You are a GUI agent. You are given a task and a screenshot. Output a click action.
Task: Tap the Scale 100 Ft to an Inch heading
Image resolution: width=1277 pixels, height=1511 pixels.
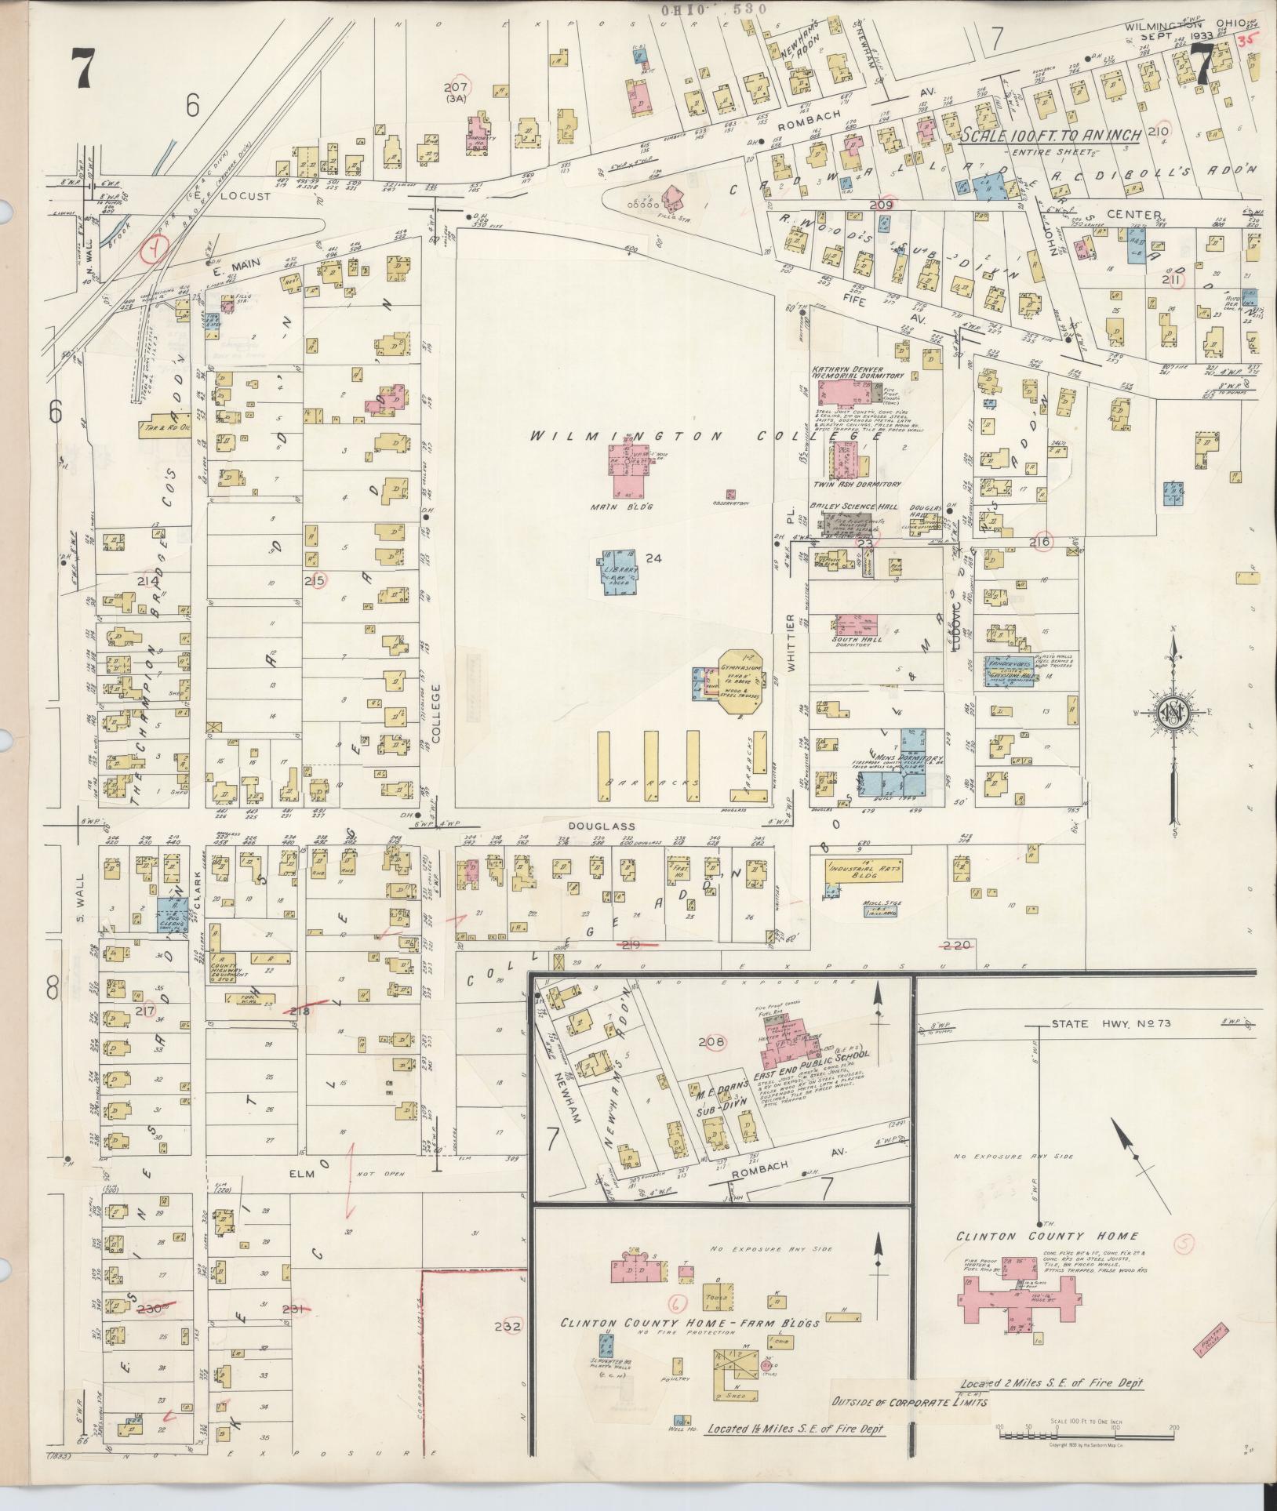point(1051,135)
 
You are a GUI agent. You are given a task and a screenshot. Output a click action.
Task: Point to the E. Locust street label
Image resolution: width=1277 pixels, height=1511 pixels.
point(247,198)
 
